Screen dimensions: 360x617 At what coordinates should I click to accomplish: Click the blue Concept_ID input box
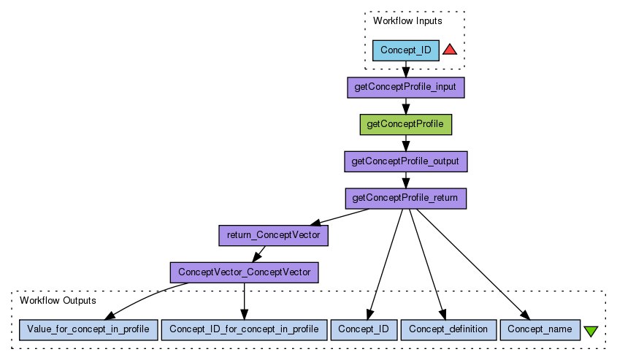406,50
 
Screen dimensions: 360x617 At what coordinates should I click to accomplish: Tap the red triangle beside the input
450,50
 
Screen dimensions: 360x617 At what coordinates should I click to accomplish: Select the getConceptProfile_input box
406,88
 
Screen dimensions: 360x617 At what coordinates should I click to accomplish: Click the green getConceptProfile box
406,124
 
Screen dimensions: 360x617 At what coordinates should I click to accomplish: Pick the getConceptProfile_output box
406,161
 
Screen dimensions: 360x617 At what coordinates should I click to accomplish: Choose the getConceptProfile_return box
406,198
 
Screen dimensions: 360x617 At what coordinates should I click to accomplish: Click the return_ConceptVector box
273,235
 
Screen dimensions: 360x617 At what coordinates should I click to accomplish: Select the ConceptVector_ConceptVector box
244,272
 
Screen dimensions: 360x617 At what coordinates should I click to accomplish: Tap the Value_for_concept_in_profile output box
88,329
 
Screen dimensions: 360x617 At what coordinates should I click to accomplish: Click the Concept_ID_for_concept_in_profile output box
244,329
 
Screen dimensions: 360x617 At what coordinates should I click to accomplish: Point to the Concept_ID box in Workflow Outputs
364,329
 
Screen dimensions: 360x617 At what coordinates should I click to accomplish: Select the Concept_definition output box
448,329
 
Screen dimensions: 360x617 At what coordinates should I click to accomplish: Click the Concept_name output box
540,329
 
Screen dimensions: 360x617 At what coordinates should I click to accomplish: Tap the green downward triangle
591,331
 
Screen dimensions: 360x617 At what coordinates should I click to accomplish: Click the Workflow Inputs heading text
407,21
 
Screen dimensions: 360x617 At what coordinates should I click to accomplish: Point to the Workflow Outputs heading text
58,300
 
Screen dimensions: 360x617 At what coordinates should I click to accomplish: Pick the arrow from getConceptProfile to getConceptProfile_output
406,142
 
